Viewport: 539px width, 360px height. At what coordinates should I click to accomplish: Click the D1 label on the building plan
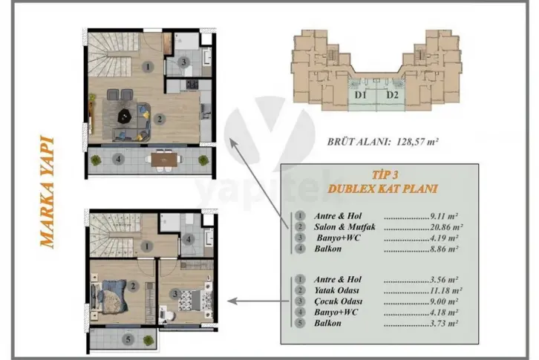[x=360, y=95]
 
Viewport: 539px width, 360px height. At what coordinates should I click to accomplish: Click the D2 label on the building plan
[x=392, y=95]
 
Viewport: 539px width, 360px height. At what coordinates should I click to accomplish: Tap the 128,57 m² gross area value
[x=417, y=141]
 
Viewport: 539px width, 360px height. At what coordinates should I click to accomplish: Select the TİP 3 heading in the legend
[x=385, y=175]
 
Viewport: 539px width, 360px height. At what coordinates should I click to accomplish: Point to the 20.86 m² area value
[x=446, y=227]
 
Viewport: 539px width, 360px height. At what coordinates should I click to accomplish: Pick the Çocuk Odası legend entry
[x=339, y=301]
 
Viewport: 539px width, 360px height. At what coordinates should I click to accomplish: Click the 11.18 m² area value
[x=446, y=290]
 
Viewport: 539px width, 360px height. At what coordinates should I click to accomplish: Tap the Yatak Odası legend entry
[x=336, y=290]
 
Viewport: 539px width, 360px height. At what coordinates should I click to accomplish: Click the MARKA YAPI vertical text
[x=47, y=192]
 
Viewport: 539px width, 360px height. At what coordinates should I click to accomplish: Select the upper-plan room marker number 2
[x=160, y=119]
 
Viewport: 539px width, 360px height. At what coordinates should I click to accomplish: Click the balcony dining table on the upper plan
[x=164, y=160]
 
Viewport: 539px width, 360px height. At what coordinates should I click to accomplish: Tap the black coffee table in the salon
[x=125, y=116]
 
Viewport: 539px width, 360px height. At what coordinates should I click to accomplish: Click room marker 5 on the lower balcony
[x=128, y=340]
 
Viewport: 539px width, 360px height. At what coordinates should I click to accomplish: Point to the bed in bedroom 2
[x=109, y=295]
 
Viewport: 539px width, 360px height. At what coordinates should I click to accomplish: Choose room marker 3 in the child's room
[x=175, y=294]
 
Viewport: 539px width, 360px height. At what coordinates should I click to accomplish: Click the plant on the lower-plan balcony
[x=148, y=341]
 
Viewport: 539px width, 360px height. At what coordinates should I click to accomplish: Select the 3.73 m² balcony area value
[x=444, y=323]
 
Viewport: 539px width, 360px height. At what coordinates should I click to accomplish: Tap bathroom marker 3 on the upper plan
[x=183, y=62]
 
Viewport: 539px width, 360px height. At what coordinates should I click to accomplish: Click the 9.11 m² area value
[x=444, y=216]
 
